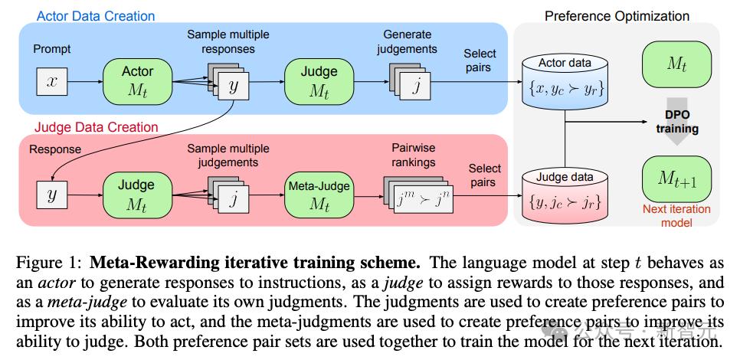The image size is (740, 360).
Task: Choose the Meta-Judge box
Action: (319, 195)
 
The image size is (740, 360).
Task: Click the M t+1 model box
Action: (676, 178)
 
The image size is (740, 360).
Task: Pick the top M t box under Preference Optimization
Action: (676, 64)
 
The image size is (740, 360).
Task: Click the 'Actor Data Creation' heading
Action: (96, 15)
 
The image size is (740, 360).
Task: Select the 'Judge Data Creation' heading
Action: (96, 127)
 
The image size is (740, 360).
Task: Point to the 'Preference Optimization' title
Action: (617, 15)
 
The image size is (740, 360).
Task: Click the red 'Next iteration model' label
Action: (676, 215)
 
